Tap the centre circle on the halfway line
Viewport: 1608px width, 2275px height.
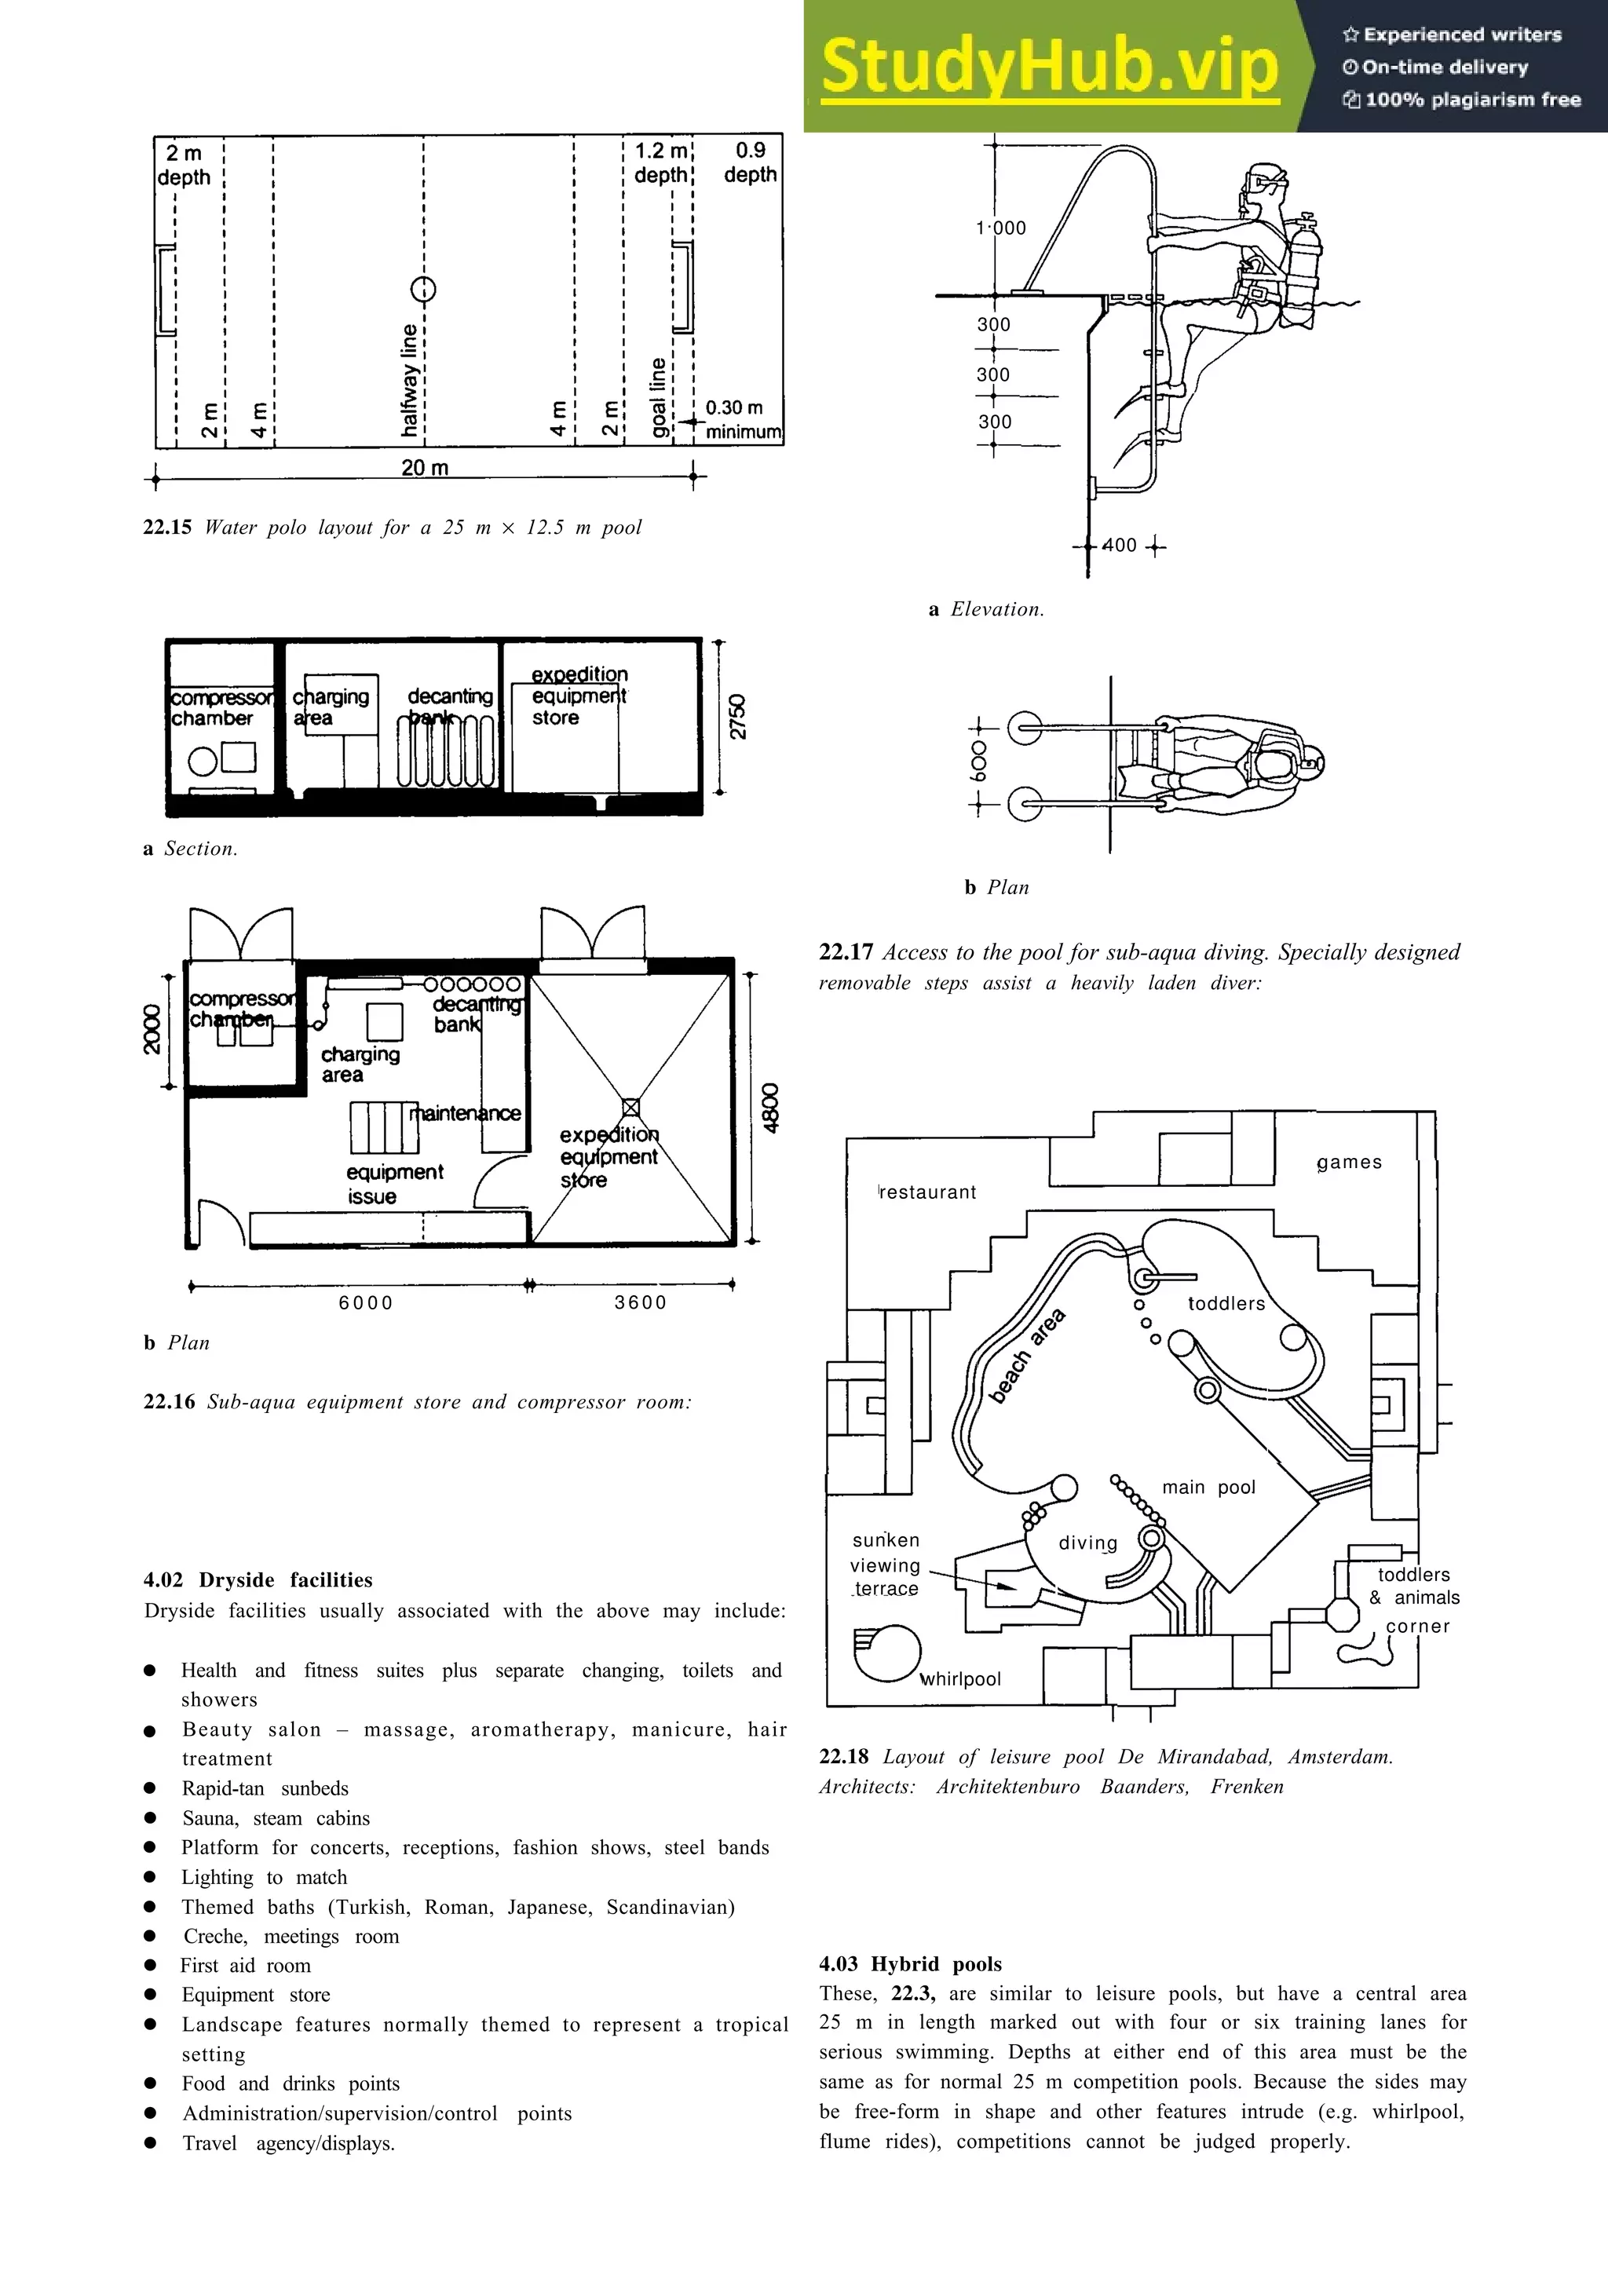pos(423,290)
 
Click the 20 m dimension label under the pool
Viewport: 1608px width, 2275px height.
pos(424,468)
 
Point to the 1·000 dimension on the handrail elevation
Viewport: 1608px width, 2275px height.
pos(1000,228)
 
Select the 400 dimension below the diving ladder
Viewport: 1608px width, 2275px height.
pos(1120,545)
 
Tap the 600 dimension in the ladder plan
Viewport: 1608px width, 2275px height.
pos(979,763)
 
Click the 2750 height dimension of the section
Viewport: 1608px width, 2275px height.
pos(738,717)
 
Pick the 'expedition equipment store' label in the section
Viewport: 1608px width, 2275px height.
pos(579,696)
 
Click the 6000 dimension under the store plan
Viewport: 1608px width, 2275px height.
pos(366,1303)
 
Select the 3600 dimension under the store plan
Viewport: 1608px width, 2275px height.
pos(640,1303)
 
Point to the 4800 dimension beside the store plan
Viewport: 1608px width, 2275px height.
pos(771,1108)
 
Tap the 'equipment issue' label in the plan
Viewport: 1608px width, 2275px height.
pos(393,1184)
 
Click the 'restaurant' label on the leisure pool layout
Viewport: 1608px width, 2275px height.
pos(927,1192)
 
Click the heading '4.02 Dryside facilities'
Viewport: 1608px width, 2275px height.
pos(258,1579)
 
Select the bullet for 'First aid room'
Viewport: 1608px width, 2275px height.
pos(151,1965)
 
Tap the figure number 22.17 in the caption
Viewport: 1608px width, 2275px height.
pos(845,952)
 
